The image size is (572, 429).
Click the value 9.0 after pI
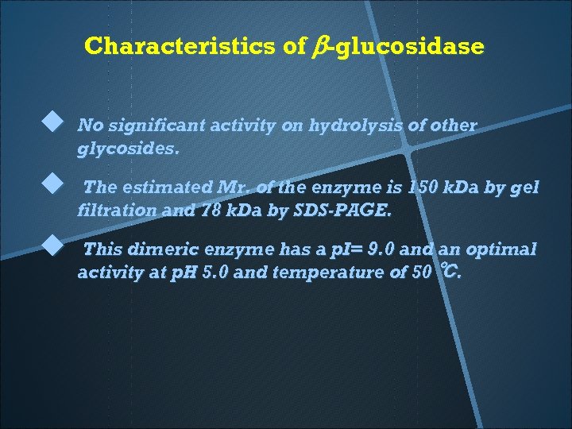[378, 249]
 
